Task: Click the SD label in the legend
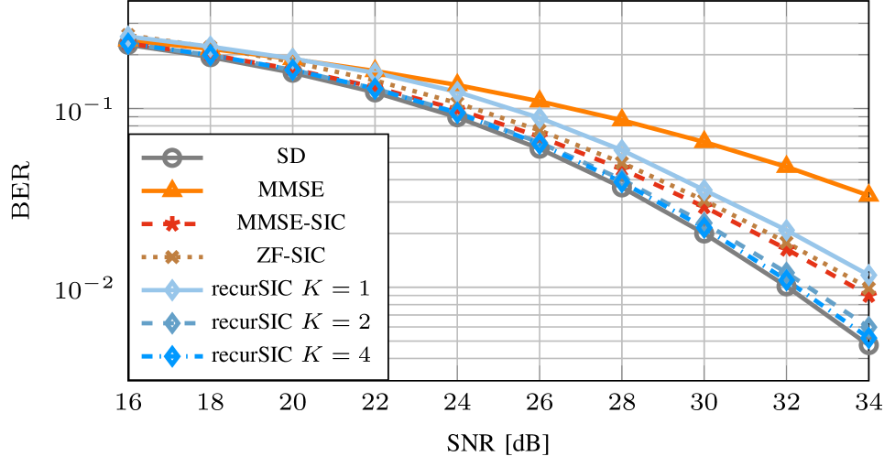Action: coord(290,157)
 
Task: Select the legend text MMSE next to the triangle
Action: coord(290,190)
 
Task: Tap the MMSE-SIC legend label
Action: coord(290,223)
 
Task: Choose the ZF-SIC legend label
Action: coord(290,255)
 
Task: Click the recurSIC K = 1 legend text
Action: coord(290,289)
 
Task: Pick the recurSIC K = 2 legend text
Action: coord(290,322)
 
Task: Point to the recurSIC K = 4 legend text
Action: coord(290,355)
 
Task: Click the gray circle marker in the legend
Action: coord(171,157)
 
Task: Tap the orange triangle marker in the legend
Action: coord(171,189)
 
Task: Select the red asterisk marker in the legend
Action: coord(171,223)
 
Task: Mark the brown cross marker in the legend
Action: coord(171,255)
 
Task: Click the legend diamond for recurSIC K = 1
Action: coord(171,289)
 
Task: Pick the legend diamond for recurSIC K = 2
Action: coord(171,322)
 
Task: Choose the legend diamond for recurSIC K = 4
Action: coord(171,355)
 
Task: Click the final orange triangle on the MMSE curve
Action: coord(868,193)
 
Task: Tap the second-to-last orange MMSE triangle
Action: coord(786,165)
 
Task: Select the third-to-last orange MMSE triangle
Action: coord(704,139)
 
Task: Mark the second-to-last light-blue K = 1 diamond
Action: coord(786,231)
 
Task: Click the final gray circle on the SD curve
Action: coord(868,345)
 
